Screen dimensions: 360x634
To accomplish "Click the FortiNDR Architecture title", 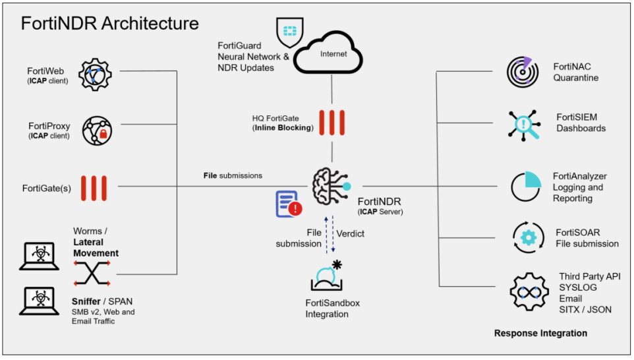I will [x=109, y=24].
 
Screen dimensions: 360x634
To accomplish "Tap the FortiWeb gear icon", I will [x=96, y=74].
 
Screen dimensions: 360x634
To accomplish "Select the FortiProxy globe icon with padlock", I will [x=97, y=129].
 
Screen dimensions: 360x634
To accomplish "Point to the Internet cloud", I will [x=332, y=53].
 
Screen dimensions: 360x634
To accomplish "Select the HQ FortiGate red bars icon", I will [x=331, y=123].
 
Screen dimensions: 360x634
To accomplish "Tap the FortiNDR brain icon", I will [x=331, y=187].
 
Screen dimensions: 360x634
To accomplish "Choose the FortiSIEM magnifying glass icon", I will [x=524, y=123].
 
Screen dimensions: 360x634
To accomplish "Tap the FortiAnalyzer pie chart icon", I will [x=526, y=187].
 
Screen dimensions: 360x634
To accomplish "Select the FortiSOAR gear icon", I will [x=528, y=238].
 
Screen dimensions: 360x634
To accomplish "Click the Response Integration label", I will [x=540, y=334].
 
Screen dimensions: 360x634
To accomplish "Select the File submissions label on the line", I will [x=233, y=175].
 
